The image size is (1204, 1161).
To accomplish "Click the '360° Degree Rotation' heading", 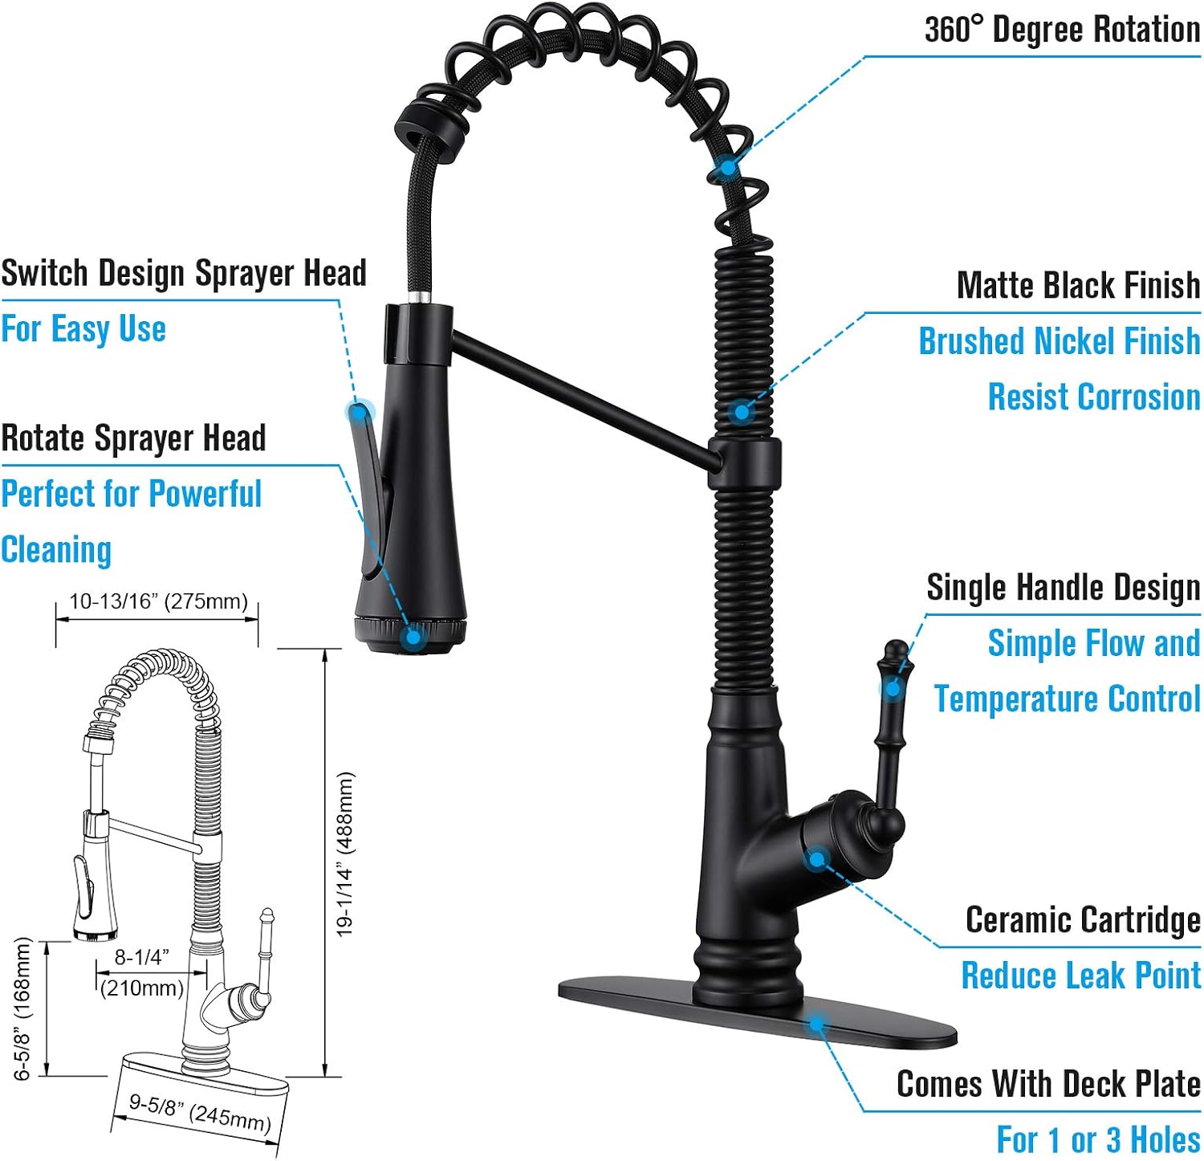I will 1061,30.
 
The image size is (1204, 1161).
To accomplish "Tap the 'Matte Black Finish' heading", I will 1078,285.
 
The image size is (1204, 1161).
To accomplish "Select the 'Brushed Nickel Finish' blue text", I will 1059,341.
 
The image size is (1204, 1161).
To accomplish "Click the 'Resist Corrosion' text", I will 1093,397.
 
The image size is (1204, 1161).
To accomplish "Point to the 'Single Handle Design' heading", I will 1063,588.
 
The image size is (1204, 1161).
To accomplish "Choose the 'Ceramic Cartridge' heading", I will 1082,920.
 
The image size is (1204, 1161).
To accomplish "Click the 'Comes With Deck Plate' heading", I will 1047,1084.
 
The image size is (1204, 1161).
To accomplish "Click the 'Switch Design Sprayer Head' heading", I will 184,273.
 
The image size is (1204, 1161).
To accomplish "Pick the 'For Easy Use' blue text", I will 83,329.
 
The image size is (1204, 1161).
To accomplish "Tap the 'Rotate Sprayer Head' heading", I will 133,438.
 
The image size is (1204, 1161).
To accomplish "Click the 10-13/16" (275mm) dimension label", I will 158,601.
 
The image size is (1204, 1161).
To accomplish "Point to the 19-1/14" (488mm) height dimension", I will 344,853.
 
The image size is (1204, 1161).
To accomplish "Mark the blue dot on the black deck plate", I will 817,1023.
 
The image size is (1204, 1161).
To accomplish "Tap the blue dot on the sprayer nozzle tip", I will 413,637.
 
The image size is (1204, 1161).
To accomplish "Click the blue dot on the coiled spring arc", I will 726,167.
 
